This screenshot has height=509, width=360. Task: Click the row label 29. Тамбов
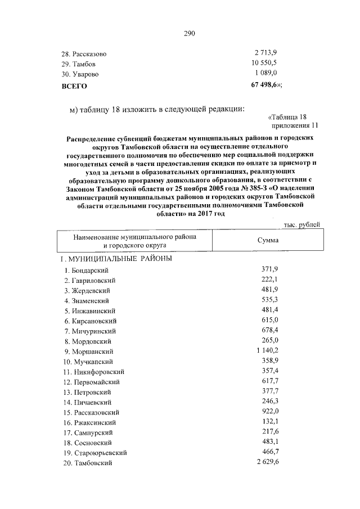point(79,64)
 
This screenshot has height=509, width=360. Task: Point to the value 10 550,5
point(264,63)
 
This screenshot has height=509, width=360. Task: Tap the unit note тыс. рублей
point(301,225)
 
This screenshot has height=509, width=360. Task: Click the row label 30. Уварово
point(80,74)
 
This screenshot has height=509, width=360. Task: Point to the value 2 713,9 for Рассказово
point(266,53)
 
